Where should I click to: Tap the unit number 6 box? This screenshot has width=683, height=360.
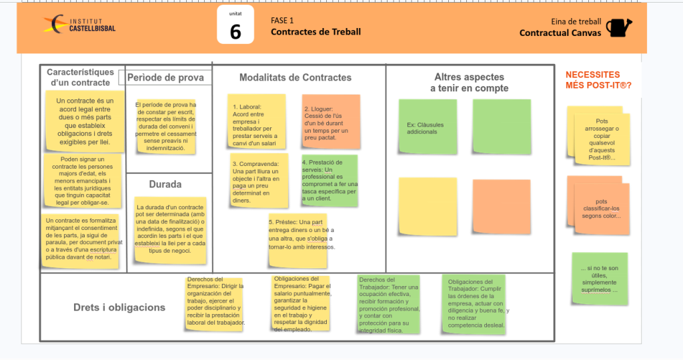235,25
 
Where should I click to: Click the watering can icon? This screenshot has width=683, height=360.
618,27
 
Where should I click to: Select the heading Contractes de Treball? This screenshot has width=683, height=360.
315,32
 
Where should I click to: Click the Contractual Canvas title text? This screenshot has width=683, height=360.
560,33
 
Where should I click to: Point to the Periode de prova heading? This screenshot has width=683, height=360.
165,77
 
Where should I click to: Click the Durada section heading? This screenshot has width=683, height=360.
165,184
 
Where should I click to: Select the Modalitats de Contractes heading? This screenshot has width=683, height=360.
295,77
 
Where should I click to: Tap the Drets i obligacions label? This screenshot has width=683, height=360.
119,307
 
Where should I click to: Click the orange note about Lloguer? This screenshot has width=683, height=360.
330,121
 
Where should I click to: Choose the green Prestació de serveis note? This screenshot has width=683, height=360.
329,180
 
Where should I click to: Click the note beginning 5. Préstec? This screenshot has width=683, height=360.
300,234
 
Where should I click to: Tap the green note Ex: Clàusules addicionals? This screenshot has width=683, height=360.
428,127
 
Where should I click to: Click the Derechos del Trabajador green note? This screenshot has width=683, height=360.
389,304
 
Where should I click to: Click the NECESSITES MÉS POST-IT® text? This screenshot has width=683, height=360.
598,80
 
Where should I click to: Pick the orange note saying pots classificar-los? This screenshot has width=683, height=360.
601,207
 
